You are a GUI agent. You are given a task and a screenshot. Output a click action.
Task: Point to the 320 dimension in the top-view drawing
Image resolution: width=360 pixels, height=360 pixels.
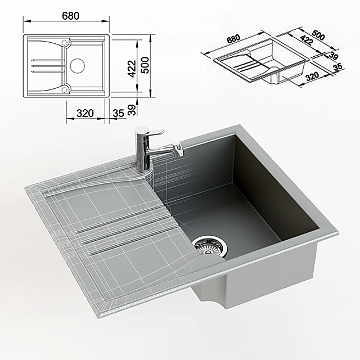click(x=84, y=113)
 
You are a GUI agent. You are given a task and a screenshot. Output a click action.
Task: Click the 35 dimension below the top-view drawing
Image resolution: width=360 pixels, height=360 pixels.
click(x=118, y=113)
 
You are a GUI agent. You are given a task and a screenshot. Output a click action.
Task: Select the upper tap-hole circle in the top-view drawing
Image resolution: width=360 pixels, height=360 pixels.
click(x=66, y=42)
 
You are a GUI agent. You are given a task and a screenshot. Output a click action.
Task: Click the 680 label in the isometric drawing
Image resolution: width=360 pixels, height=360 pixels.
click(x=232, y=40)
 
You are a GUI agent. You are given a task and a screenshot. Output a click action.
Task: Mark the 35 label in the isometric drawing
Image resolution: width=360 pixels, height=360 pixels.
click(x=337, y=67)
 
